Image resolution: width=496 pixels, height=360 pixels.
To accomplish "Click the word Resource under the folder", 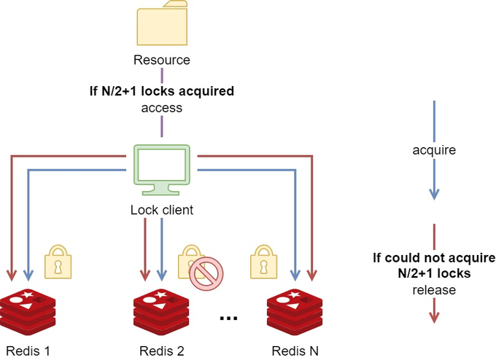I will coord(161,60).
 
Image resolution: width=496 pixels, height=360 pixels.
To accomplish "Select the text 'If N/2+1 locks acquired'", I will coord(161,92).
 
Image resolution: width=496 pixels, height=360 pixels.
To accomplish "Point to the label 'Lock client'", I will coord(161,211).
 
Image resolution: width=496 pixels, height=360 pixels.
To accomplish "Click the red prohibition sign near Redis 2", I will coord(205,275).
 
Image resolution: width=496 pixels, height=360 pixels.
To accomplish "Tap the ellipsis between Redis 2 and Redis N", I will coord(228,318).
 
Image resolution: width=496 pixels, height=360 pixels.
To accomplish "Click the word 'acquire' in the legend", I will coord(434,150).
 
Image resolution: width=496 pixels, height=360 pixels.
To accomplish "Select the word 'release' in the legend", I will coord(434,290).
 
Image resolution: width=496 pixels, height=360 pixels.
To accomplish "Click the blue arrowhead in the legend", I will coord(434,194).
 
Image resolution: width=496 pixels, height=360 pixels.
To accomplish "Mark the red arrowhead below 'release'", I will coord(434,317).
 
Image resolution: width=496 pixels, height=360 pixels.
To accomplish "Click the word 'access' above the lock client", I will coord(161,108).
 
